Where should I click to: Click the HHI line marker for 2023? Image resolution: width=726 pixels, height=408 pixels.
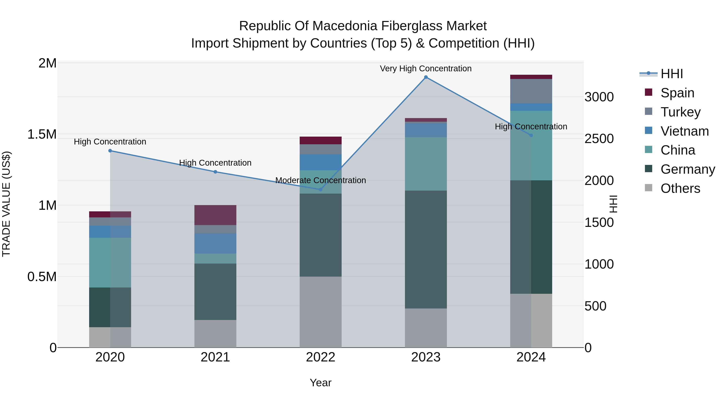426,77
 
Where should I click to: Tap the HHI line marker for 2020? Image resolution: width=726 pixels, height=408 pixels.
110,151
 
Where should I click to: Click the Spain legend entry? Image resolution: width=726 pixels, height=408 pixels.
677,93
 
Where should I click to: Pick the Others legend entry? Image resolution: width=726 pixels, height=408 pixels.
680,188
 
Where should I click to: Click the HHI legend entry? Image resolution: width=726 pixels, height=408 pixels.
671,74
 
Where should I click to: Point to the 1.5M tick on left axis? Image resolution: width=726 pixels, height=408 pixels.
42,134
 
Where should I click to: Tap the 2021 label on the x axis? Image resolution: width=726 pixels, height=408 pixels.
215,357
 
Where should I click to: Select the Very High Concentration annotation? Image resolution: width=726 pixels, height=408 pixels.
426,69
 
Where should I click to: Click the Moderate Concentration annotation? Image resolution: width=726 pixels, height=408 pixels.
320,180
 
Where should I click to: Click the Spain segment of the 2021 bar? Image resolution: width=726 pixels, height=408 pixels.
215,215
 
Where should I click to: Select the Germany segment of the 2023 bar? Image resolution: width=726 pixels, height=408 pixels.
426,249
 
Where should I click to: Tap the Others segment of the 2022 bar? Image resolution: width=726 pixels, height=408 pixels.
320,312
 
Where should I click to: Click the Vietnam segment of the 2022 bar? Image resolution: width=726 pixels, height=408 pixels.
320,162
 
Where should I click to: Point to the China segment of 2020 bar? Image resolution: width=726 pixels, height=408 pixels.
110,262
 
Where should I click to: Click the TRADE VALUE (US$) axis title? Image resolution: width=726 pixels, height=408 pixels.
6,204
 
